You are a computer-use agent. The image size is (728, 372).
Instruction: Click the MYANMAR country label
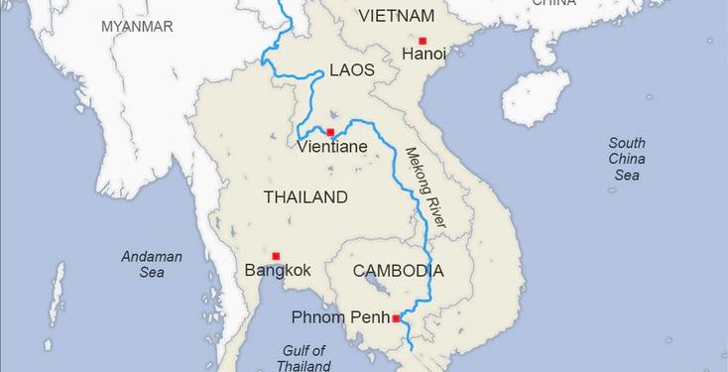coord(137,26)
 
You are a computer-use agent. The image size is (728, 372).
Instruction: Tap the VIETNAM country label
coord(396,15)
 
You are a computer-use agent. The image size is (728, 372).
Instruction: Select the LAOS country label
coord(352,69)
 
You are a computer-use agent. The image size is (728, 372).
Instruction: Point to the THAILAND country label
coord(305,196)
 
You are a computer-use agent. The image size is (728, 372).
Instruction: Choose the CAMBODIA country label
coord(398,270)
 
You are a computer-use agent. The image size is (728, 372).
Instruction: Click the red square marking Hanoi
coord(423,41)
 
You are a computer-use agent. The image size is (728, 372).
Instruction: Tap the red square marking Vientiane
coord(330,132)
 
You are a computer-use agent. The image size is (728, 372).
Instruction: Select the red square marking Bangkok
coord(276,256)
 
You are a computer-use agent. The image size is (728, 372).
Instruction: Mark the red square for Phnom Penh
coord(396,318)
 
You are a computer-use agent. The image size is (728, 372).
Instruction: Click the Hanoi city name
coord(424,56)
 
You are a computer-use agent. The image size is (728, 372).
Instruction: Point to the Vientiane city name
coord(332,147)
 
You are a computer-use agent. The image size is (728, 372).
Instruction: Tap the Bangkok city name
coord(278,270)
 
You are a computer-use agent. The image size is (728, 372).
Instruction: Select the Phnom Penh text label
coord(340,317)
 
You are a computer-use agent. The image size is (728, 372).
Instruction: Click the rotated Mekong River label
coord(425,188)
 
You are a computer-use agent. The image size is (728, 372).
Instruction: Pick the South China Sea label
coord(627,159)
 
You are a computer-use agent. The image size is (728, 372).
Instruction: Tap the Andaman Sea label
coord(152,263)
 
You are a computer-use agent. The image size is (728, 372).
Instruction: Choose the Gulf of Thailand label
coord(303,357)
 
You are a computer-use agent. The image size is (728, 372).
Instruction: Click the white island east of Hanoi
coord(536,97)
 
